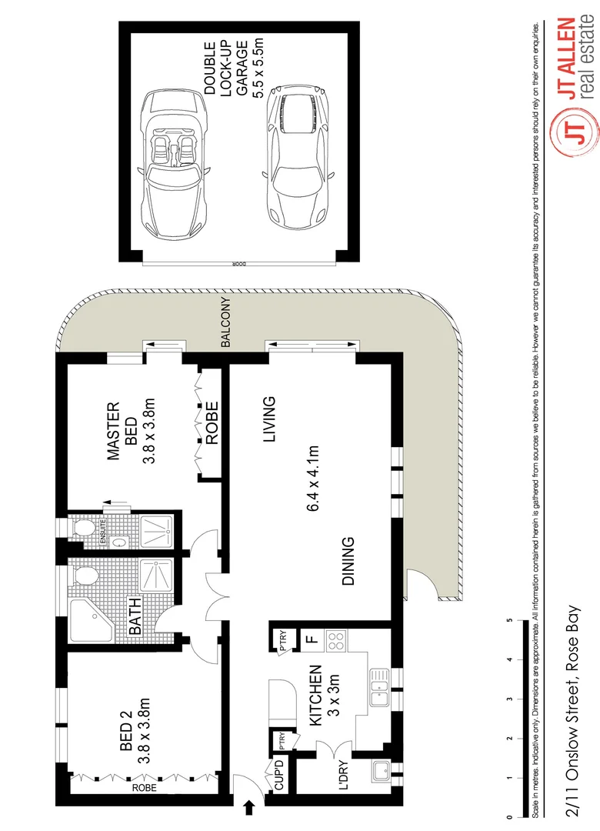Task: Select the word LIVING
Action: (x=268, y=420)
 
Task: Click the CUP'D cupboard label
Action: (x=279, y=776)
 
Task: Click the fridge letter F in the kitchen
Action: (x=310, y=638)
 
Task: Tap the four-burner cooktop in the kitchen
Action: (x=335, y=638)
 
